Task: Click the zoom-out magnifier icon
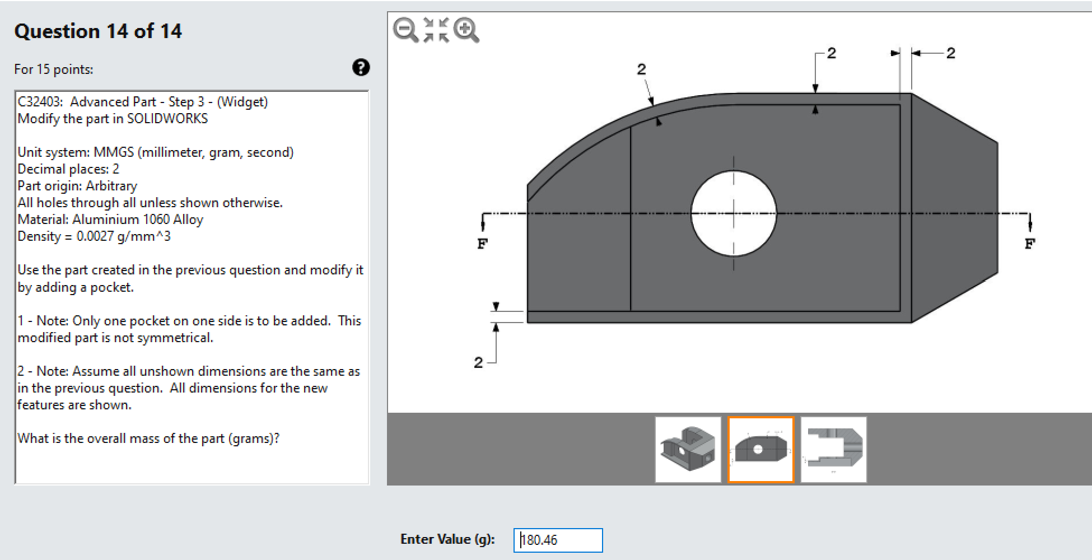405,30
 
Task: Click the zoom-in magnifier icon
466,30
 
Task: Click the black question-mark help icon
361,67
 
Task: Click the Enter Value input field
558,540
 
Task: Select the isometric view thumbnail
688,449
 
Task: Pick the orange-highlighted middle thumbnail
760,449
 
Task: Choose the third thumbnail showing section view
833,449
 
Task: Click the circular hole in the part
734,213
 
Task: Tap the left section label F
482,244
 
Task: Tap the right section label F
1029,244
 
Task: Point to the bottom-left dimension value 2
478,362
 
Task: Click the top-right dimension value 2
951,53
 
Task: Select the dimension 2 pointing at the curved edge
641,69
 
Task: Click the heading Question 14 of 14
98,31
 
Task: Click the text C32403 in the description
39,102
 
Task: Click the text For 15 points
54,69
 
